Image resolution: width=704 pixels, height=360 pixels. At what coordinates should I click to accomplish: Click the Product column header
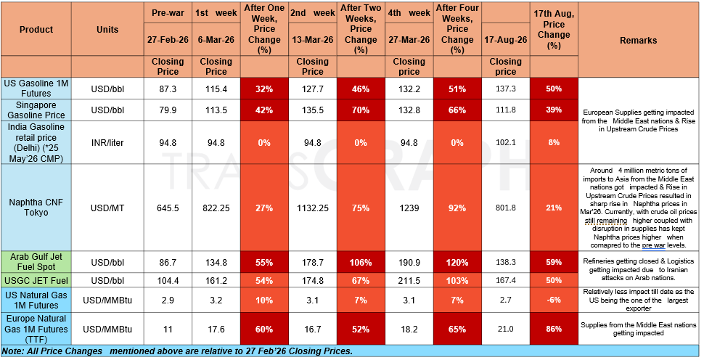[36, 30]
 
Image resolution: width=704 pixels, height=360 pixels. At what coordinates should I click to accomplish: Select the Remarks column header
[638, 41]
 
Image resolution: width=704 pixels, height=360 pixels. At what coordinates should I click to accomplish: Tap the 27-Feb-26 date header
[168, 39]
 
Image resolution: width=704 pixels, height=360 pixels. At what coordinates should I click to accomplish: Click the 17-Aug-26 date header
[506, 39]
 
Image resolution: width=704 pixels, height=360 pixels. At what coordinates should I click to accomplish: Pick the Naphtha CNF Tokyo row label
[36, 208]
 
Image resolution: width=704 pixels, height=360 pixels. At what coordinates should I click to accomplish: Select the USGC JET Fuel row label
[36, 281]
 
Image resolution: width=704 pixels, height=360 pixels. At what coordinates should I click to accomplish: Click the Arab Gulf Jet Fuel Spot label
[36, 262]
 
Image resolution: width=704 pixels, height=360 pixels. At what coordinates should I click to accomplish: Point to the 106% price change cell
[361, 263]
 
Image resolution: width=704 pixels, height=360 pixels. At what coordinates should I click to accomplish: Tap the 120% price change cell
[457, 263]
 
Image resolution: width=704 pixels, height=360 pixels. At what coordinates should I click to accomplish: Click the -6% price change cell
[554, 300]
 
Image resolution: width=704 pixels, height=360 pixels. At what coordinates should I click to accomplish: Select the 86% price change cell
[554, 329]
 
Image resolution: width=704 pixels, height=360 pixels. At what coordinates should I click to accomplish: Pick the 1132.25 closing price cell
[313, 208]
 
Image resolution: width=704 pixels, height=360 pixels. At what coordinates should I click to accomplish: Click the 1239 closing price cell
[409, 208]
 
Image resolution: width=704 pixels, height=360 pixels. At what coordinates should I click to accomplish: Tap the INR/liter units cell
[107, 143]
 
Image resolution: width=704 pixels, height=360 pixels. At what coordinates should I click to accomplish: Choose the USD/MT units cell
[107, 208]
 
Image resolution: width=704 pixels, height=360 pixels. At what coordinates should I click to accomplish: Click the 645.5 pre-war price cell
[168, 208]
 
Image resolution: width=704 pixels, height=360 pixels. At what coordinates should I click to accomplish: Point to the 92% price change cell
[457, 208]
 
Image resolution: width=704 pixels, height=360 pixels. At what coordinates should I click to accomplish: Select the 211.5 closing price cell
[409, 281]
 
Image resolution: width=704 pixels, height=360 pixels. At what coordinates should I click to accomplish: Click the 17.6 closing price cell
[216, 329]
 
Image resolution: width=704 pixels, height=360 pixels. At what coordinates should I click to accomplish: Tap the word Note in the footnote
[12, 351]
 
